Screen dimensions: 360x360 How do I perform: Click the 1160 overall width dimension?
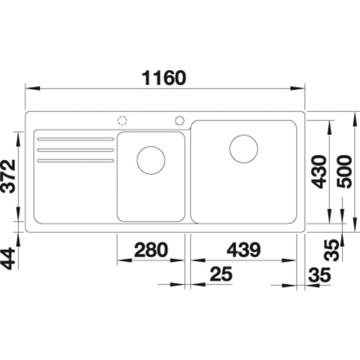click(164, 78)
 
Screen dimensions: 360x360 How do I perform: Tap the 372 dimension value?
click(8, 176)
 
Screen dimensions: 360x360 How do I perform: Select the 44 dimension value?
click(8, 258)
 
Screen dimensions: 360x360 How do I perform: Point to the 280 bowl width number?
click(151, 250)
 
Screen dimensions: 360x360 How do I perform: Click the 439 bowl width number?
click(243, 250)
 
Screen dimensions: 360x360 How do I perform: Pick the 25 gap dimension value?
click(221, 274)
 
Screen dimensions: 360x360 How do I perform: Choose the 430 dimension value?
click(319, 172)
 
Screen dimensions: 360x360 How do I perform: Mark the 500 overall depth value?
click(344, 172)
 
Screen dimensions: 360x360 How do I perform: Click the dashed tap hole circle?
click(122, 120)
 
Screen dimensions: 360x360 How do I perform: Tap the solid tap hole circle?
click(180, 120)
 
